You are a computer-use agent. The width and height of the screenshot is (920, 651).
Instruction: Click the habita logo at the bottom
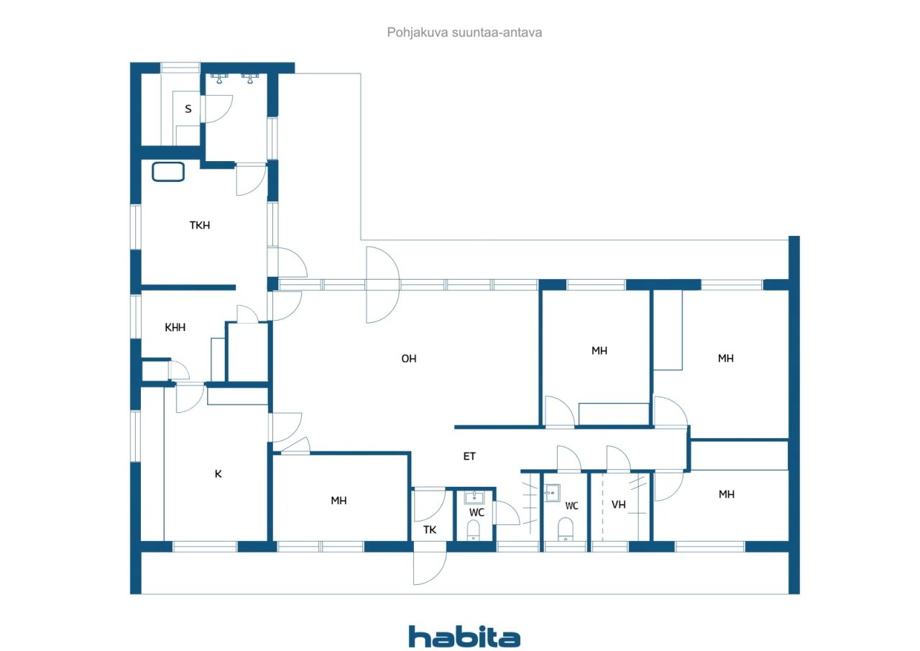(464, 637)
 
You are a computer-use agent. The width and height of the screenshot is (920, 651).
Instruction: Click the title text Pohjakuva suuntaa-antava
(464, 32)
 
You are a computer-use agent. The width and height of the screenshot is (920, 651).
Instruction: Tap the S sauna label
(188, 109)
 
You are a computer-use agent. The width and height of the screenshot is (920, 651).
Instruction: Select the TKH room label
(200, 225)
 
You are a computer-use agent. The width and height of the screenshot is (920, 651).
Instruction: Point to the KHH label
(175, 327)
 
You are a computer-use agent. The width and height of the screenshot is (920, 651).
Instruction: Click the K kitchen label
(218, 474)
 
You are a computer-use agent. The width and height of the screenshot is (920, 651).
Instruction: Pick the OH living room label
(409, 359)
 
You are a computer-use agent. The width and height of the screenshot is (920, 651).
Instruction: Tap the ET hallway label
(469, 456)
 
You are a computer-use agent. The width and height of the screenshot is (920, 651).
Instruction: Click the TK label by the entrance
(430, 529)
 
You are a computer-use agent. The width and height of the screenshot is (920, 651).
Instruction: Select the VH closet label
(619, 505)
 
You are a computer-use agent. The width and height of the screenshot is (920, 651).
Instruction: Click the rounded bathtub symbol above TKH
(168, 172)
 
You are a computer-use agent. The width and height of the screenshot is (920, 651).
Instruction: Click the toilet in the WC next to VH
(566, 529)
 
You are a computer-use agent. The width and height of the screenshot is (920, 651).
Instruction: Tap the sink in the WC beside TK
(474, 497)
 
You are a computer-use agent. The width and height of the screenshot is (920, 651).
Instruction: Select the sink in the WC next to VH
(553, 492)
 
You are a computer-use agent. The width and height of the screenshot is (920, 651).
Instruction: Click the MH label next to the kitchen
(339, 501)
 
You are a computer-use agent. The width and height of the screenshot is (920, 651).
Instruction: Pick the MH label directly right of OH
(599, 351)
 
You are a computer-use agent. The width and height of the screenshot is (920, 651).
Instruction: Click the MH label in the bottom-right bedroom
(727, 494)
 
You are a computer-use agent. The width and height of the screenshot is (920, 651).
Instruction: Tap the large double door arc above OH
(399, 285)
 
